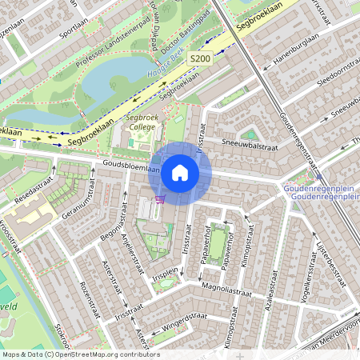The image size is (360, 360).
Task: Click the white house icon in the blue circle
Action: coord(180,173)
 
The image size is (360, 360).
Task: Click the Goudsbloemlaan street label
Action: coord(131,169)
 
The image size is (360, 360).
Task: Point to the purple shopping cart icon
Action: coord(160,198)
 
